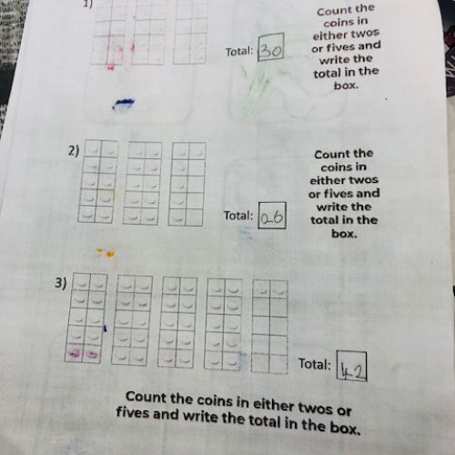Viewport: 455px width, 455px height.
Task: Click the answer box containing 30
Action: pos(271,47)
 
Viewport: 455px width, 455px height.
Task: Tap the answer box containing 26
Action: pos(272,215)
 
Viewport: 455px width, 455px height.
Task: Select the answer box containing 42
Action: pos(351,366)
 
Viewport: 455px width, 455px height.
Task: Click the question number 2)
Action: pos(74,151)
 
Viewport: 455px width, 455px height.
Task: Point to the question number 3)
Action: pos(60,283)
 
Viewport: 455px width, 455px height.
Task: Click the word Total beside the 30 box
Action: pos(239,52)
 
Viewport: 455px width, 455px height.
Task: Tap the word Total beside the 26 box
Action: pos(238,216)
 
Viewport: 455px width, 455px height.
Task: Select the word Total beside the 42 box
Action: pos(315,364)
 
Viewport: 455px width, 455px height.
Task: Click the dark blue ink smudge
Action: pos(124,103)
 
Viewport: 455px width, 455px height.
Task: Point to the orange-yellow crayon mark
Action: pos(106,252)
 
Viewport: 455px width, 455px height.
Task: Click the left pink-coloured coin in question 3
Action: pos(75,353)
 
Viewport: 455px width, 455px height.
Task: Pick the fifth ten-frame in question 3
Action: pos(269,326)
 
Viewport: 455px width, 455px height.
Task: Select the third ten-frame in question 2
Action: pos(187,184)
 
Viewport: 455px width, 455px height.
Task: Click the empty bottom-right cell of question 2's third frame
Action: pos(194,217)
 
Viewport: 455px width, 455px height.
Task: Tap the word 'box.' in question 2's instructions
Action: pos(344,234)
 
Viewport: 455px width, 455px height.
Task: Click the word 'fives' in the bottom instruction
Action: pos(132,413)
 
